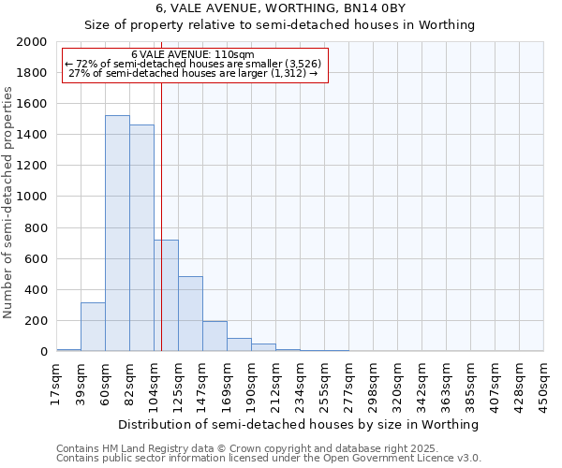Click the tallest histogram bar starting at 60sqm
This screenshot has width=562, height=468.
tap(117, 234)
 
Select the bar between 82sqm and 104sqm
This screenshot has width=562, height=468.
tap(141, 239)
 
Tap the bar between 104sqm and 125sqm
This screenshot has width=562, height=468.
tap(167, 296)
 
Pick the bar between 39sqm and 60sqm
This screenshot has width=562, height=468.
tap(93, 327)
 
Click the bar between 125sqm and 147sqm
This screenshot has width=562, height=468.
tap(190, 314)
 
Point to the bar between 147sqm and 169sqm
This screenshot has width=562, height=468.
tap(214, 336)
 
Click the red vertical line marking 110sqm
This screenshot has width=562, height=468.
tap(161, 187)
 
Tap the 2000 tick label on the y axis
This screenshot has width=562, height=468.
tap(32, 42)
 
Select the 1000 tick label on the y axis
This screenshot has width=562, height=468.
tap(32, 197)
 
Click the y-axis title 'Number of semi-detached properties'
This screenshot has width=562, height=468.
tap(8, 202)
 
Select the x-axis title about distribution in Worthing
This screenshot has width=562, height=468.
tap(300, 424)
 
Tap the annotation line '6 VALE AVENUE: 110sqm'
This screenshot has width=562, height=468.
tap(193, 55)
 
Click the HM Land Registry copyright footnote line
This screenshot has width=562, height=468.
tap(246, 449)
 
